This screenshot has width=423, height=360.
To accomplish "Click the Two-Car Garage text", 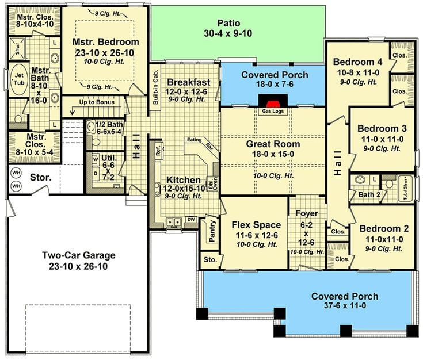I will click(79, 255).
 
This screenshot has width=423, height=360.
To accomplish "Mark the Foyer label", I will click(307, 213).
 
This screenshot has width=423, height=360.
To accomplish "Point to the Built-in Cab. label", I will click(155, 86).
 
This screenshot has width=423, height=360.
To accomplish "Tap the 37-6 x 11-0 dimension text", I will click(345, 306).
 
